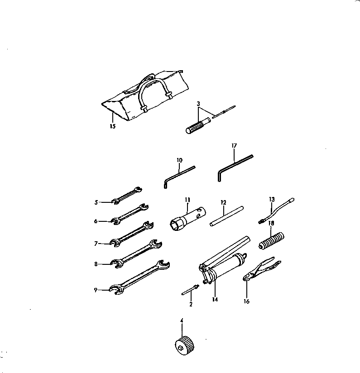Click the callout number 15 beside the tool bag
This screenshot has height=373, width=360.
click(x=112, y=126)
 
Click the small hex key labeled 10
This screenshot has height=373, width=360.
click(x=178, y=174)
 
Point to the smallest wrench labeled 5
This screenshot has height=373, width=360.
click(x=127, y=195)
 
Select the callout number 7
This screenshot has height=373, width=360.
click(x=96, y=244)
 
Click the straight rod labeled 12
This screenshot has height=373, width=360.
click(x=227, y=216)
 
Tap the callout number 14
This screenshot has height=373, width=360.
click(x=215, y=300)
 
